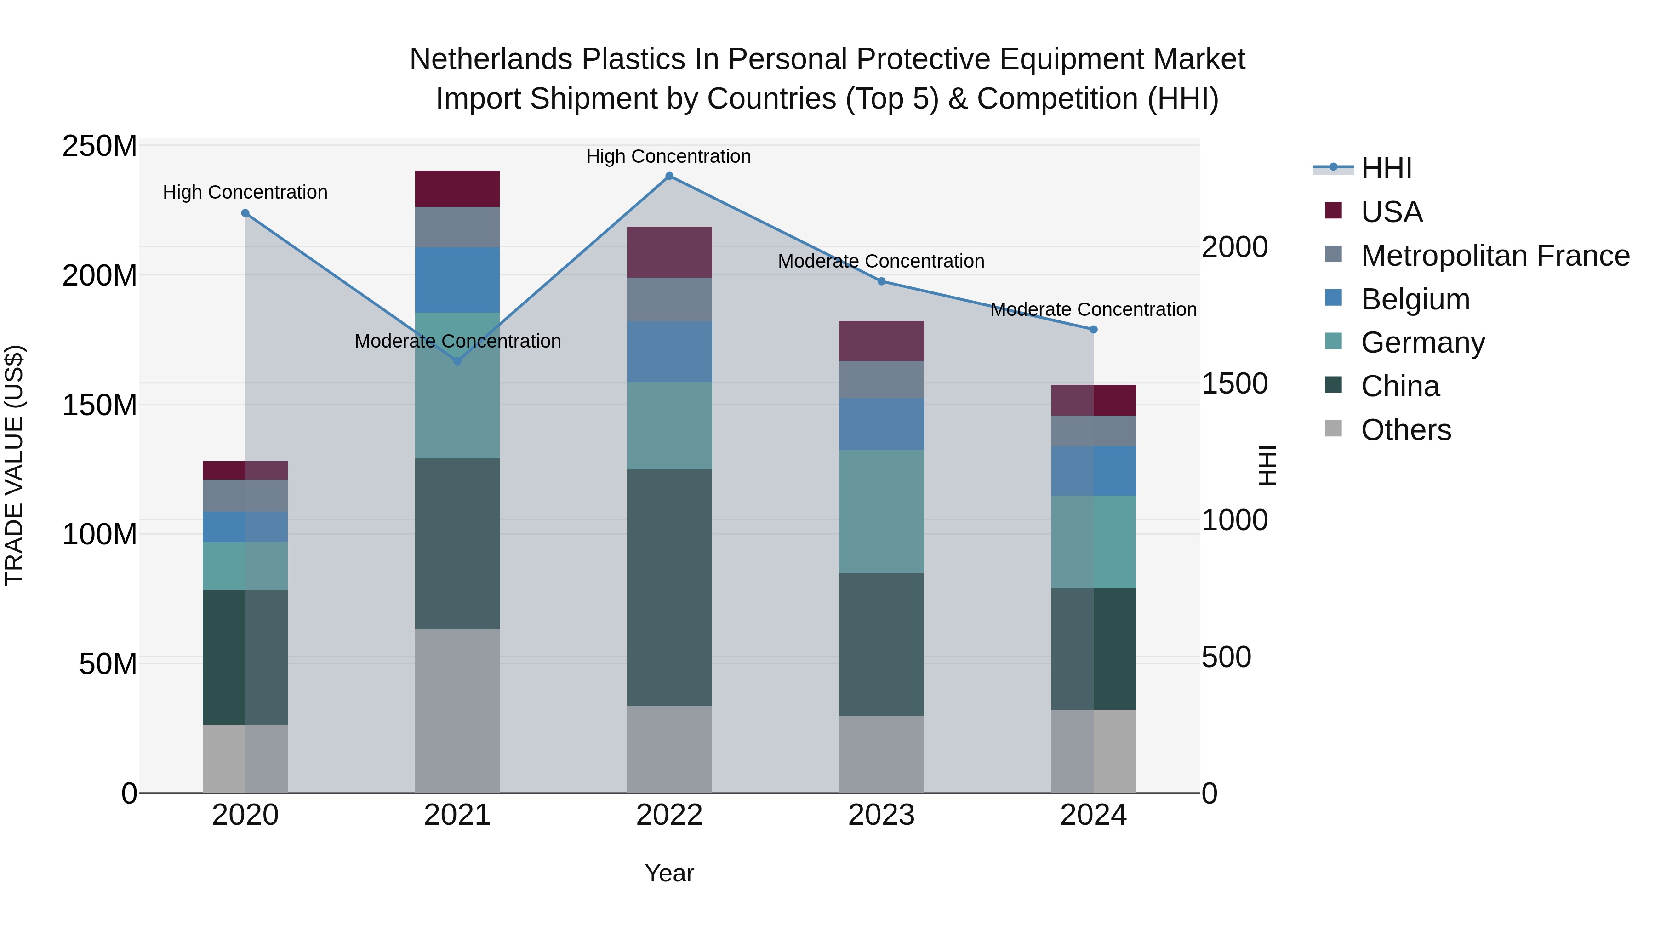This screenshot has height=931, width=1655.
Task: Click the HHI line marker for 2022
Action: [x=669, y=176]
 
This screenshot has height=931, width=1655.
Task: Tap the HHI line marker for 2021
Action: [x=457, y=361]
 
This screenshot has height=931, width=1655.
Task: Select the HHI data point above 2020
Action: [x=245, y=213]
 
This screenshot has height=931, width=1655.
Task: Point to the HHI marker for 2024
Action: [x=1094, y=330]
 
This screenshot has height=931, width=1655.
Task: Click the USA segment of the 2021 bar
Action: [x=457, y=189]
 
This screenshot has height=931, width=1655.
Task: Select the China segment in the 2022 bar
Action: [x=669, y=588]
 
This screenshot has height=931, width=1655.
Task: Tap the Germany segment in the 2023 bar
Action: [x=881, y=511]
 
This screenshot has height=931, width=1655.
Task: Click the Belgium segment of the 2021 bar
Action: [x=457, y=280]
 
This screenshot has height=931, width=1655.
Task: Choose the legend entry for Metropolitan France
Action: [x=1495, y=256]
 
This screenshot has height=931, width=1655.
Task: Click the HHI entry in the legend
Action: [x=1386, y=168]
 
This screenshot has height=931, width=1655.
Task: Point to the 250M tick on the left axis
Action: [x=100, y=147]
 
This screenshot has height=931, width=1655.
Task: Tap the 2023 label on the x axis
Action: [x=881, y=815]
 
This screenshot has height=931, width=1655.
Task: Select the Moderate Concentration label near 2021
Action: [x=457, y=341]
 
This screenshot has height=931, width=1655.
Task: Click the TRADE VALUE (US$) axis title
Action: [x=14, y=465]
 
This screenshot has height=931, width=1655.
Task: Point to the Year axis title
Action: [x=669, y=873]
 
